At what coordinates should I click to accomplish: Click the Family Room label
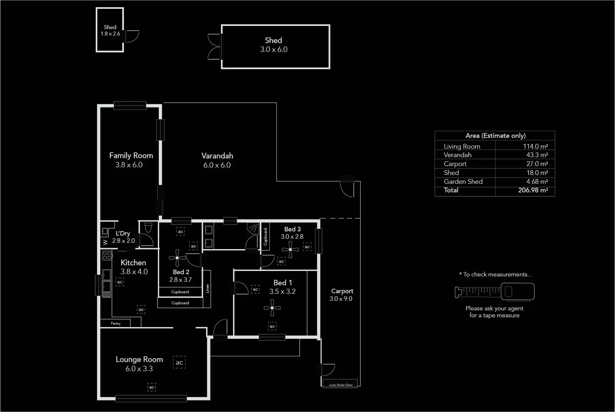tap(131, 155)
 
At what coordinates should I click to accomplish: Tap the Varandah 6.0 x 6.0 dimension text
tap(217, 165)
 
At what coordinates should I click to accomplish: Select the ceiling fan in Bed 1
tap(272, 308)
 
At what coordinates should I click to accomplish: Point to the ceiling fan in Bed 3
tap(290, 249)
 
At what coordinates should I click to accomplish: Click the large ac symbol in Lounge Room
tap(179, 362)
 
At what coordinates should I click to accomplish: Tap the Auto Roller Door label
tap(341, 385)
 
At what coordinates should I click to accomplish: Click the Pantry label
tap(116, 323)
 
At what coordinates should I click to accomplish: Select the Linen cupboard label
tap(208, 288)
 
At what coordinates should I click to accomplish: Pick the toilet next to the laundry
tap(148, 228)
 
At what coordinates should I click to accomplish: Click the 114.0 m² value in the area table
tap(535, 146)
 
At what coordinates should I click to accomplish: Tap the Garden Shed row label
tap(463, 181)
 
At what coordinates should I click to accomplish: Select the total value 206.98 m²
tap(533, 190)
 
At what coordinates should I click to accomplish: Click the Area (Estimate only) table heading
tap(496, 136)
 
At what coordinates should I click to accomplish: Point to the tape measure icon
tap(495, 291)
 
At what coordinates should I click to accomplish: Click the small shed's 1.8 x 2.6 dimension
tap(110, 34)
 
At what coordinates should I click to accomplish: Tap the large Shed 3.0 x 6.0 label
tap(274, 45)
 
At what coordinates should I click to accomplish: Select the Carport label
tap(342, 291)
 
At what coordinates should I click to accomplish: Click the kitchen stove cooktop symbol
tap(107, 255)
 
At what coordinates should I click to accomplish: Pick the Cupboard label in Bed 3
tap(265, 237)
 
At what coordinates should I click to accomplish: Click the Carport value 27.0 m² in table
tap(537, 164)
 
